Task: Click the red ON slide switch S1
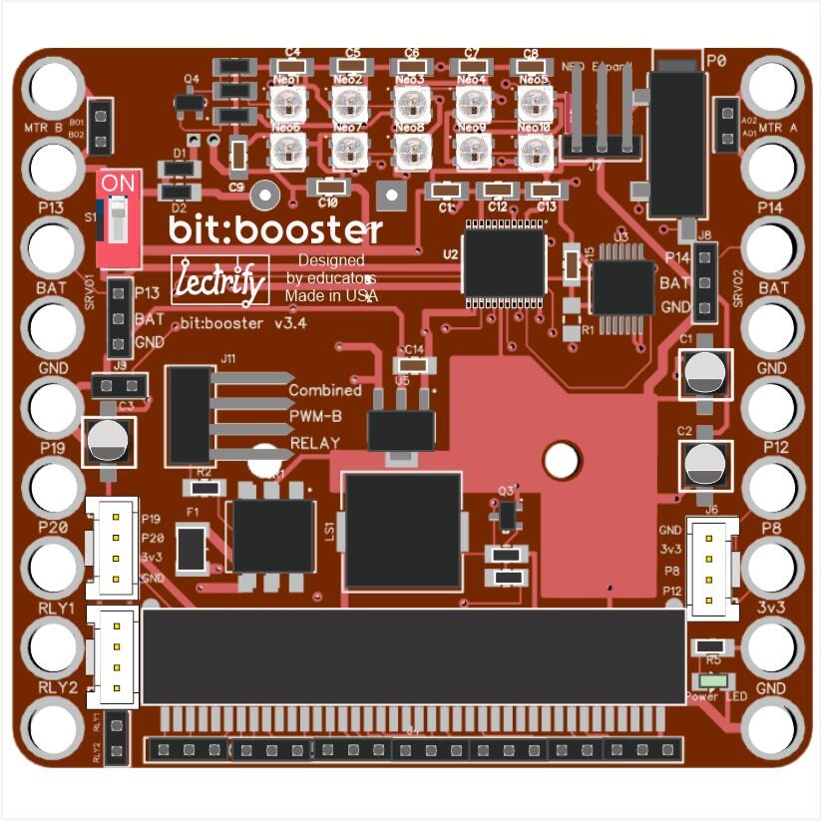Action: tap(118, 219)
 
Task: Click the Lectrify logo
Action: tap(220, 280)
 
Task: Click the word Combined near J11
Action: tap(324, 390)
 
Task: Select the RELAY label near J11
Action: tap(314, 442)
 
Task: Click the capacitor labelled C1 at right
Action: tap(705, 374)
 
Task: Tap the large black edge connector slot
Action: tap(414, 655)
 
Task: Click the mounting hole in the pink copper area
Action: tap(562, 460)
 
